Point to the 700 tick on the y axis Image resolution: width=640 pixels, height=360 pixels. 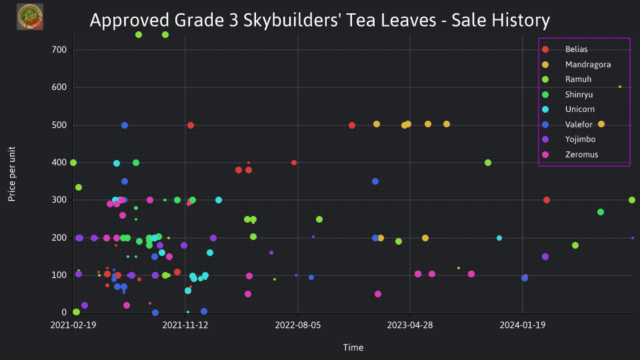59,50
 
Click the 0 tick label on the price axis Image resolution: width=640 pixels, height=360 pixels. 64,312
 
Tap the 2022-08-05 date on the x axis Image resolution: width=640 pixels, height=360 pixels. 297,325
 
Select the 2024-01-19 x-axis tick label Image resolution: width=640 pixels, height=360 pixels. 523,325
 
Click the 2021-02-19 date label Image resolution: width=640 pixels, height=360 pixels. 73,325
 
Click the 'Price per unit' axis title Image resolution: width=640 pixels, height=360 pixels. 12,174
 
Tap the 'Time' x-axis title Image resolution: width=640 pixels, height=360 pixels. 353,347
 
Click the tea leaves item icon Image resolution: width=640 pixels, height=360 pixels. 30,17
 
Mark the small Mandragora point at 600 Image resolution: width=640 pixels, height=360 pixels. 620,87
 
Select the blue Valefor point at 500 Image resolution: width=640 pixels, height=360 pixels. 125,125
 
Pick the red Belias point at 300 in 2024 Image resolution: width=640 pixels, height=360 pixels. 547,200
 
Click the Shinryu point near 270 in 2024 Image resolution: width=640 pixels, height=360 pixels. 601,212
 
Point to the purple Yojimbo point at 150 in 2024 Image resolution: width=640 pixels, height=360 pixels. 545,257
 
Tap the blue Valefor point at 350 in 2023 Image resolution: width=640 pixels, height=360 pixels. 375,181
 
